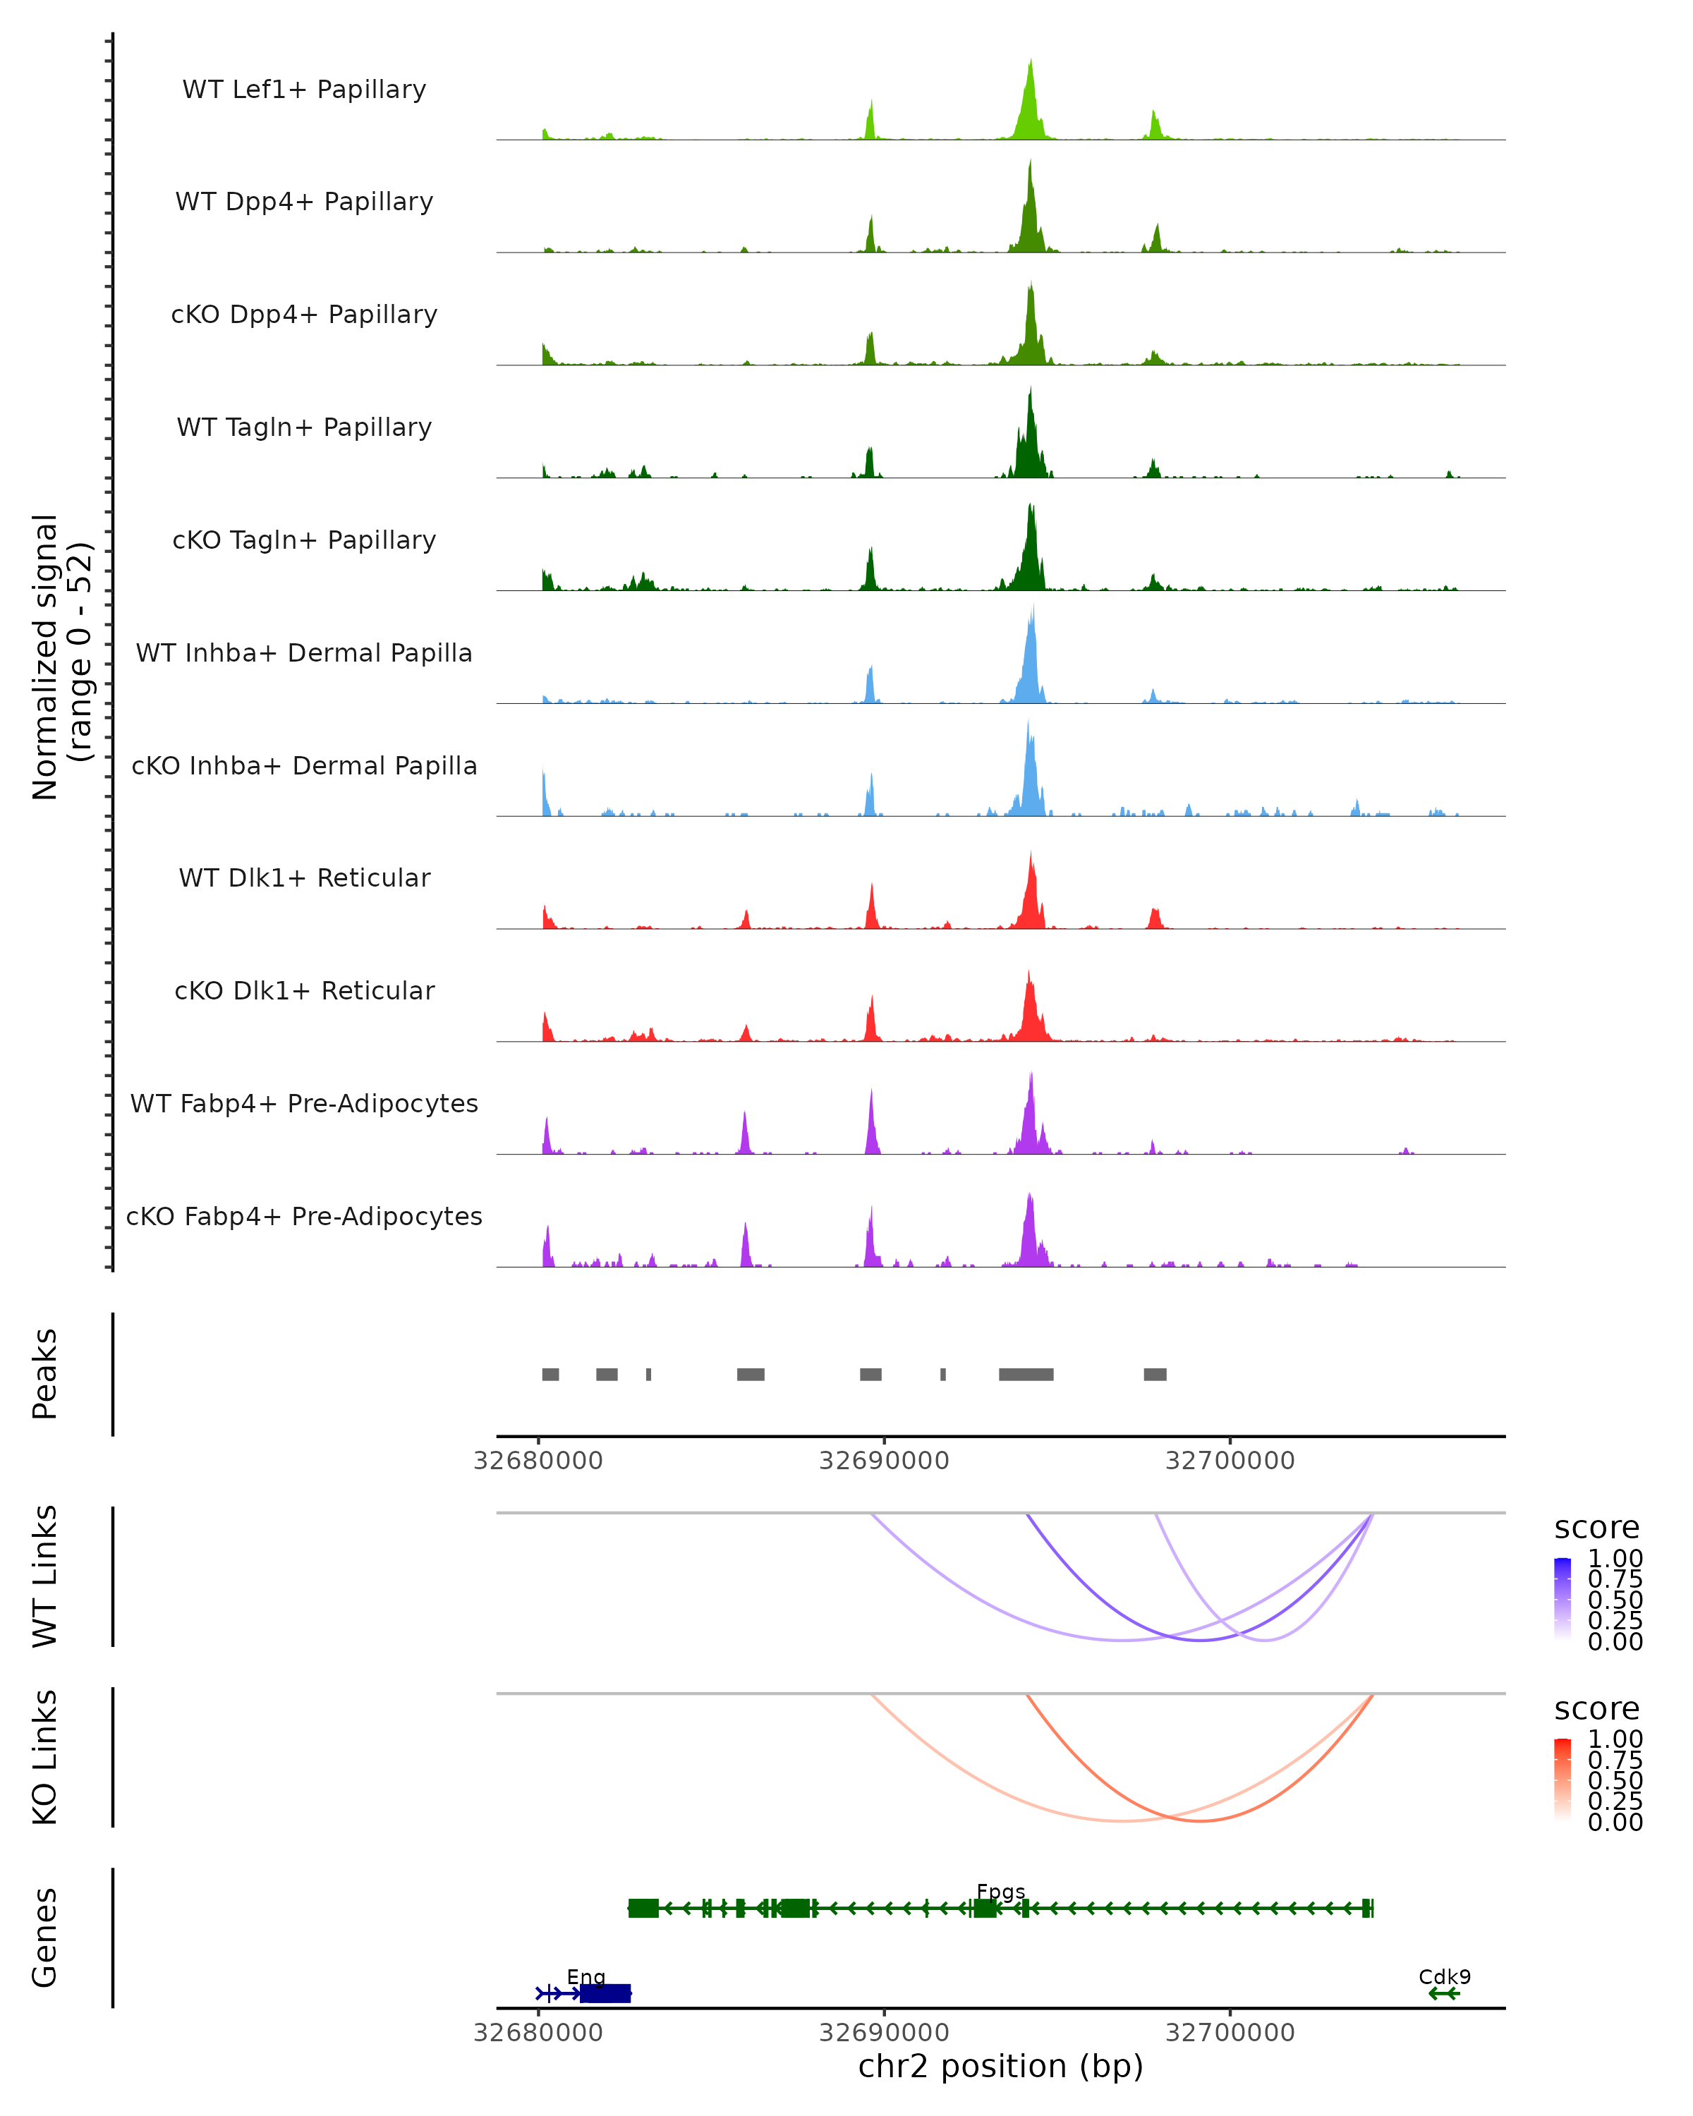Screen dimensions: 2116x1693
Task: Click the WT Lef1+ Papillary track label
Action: (x=304, y=90)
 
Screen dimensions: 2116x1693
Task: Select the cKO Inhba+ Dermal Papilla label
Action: (x=304, y=765)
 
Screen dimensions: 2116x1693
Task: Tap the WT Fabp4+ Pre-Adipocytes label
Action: (x=304, y=1103)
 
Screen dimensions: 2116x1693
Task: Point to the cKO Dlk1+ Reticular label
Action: (x=304, y=990)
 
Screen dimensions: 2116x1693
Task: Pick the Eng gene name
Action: (x=586, y=1976)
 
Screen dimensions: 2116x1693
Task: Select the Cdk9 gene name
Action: (x=1444, y=1976)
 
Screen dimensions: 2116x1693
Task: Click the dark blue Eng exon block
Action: (x=605, y=1993)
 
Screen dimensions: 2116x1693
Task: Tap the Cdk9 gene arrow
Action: (x=1444, y=1993)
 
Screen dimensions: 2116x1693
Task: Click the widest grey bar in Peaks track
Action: (x=1026, y=1374)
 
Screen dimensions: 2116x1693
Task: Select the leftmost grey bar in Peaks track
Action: (x=551, y=1374)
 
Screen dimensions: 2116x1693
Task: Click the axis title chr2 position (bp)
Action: (x=1000, y=2067)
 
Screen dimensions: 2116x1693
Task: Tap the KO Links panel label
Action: (x=45, y=1758)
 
